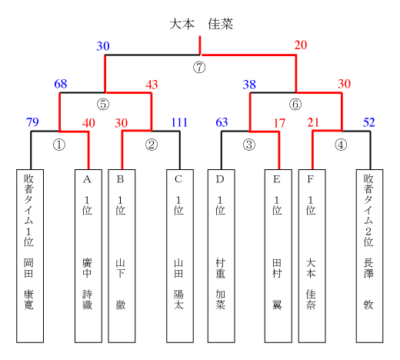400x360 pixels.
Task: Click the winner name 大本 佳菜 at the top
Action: tap(202, 24)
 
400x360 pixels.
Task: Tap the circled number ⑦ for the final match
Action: tap(199, 68)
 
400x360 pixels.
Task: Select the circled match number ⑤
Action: tap(103, 105)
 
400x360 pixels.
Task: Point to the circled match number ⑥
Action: tap(295, 105)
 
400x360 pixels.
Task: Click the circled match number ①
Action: tap(59, 145)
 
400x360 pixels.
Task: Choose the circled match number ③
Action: tap(249, 145)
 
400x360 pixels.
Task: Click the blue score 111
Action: tap(179, 122)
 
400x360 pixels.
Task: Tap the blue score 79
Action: tap(32, 122)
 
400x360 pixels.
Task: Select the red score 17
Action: tap(279, 123)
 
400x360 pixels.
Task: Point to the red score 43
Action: tap(152, 85)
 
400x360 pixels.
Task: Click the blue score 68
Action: tap(61, 84)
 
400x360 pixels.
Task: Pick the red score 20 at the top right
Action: tap(301, 45)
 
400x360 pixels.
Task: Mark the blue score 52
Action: tap(369, 122)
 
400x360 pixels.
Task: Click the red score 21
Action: tap(313, 122)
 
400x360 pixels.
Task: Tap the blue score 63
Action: tap(222, 122)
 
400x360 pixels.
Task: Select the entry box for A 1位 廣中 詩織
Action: tap(88, 256)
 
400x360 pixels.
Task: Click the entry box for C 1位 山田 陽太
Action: tap(180, 256)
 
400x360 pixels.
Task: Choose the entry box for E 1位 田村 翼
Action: tap(278, 256)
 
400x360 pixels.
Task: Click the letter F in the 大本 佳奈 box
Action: tap(311, 179)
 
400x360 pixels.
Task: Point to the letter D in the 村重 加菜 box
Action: tap(220, 179)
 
